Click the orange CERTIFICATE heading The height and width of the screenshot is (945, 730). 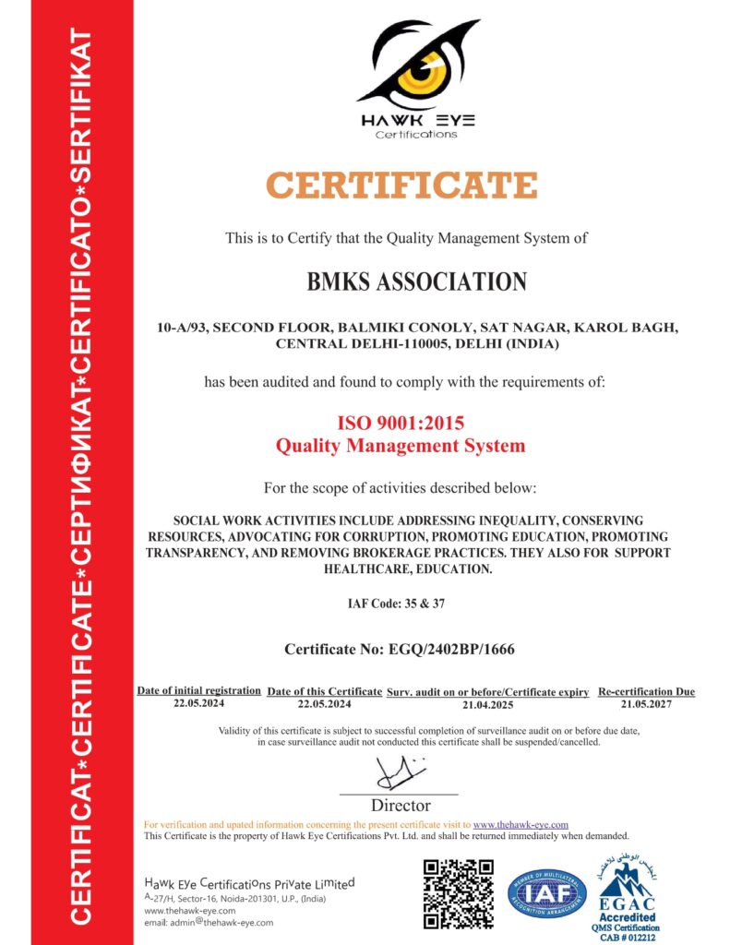[402, 185]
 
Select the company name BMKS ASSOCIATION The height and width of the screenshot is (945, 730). [416, 281]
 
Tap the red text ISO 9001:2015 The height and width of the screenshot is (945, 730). [400, 424]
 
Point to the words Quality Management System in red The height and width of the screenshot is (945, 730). [401, 447]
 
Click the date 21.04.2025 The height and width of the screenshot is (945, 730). [487, 704]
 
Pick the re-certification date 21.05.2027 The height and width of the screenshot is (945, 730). [646, 704]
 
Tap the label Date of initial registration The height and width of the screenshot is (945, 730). [199, 691]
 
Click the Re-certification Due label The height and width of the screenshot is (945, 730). [646, 692]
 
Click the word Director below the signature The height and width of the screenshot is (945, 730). [401, 806]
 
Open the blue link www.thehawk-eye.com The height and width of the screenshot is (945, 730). [520, 824]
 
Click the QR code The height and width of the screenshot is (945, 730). [458, 892]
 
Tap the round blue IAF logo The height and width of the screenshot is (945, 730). [547, 893]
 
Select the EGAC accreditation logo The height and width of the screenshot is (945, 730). [628, 891]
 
